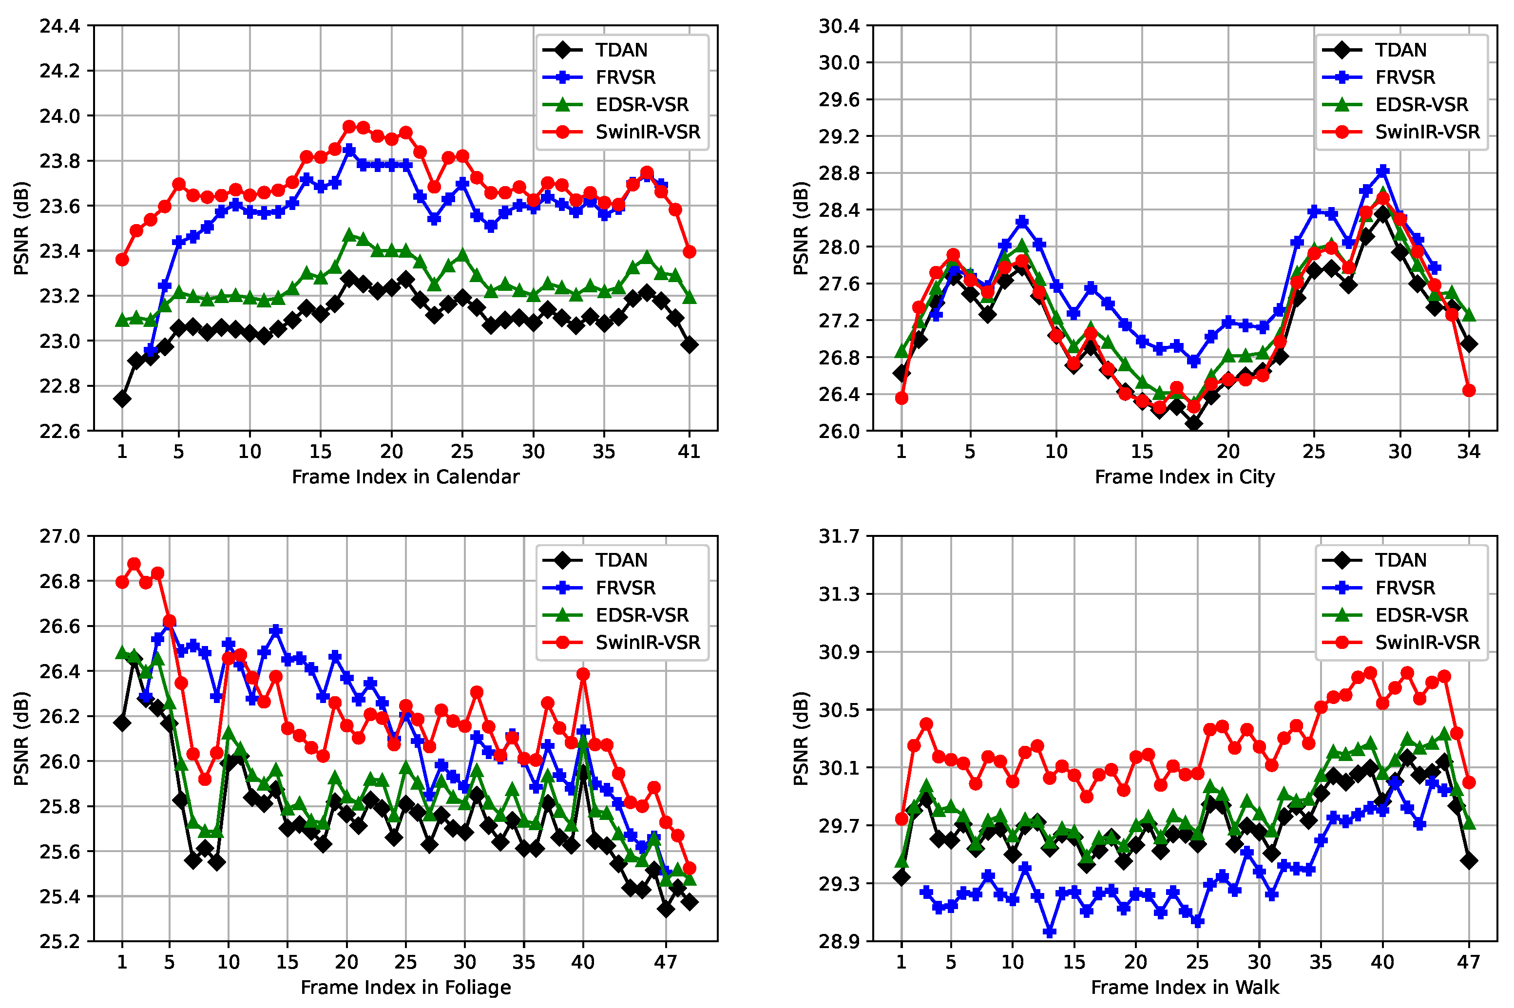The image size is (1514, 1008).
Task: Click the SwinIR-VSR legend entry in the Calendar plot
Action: coord(647,132)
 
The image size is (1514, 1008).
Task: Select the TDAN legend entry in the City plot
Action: coord(1400,50)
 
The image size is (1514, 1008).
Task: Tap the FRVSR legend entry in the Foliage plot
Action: coord(625,588)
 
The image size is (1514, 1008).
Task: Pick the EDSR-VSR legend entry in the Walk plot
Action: coord(1421,615)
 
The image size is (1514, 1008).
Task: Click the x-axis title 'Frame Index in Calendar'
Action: coord(405,477)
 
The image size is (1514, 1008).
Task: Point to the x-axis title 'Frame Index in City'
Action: coord(1184,477)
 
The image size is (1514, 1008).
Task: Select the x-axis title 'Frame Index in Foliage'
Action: coord(405,987)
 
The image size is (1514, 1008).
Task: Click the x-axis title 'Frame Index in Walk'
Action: coord(1184,987)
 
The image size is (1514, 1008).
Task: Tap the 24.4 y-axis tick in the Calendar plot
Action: coord(60,26)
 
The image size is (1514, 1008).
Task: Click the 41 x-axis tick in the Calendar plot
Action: coord(689,452)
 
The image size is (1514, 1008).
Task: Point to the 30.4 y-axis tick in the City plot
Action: coord(839,26)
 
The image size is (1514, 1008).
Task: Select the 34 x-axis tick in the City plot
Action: coord(1468,452)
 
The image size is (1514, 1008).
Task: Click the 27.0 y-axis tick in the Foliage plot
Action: coord(60,536)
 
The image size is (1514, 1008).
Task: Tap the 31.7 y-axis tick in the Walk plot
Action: coord(839,536)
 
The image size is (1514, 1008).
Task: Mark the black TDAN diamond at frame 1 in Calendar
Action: coord(122,399)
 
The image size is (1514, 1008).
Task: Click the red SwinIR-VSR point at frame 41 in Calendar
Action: coord(689,252)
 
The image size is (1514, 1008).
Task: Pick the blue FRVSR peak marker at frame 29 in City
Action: coord(1383,171)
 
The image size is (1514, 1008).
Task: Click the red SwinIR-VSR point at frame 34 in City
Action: coord(1468,391)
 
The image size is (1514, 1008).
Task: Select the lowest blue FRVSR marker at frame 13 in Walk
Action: coord(1049,932)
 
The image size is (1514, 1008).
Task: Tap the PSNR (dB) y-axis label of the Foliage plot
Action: coord(21,738)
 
